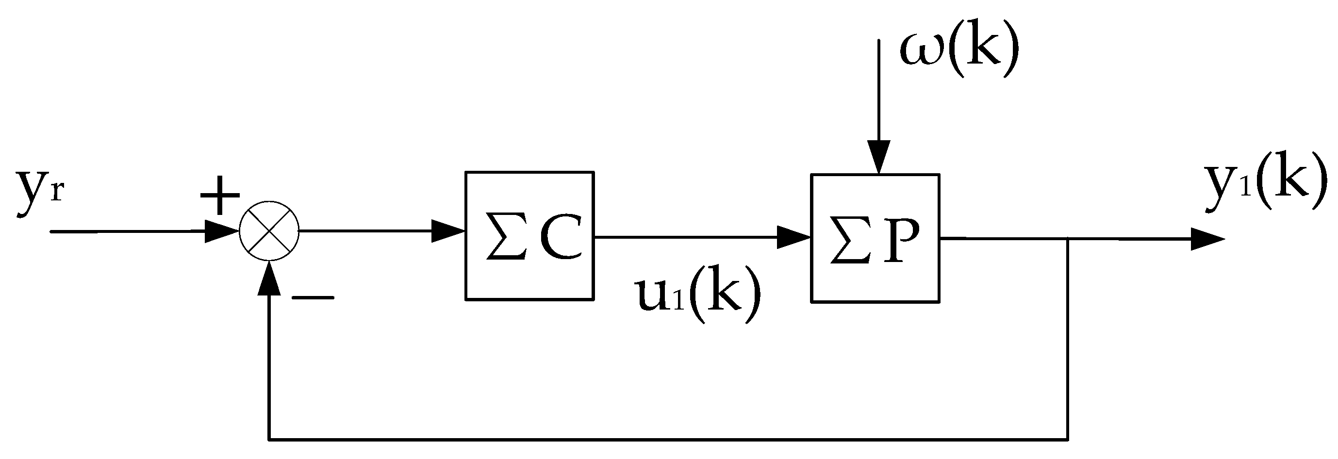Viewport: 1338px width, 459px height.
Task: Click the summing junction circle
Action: (x=269, y=232)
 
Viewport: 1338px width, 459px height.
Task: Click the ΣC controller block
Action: (x=529, y=236)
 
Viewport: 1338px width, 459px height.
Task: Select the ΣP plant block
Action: (x=875, y=238)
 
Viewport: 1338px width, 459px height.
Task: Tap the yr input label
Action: (x=39, y=191)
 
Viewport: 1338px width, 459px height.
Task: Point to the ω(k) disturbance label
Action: (x=959, y=52)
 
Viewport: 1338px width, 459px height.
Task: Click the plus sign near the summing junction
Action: (x=220, y=195)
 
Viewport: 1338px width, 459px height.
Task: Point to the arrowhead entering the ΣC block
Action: (x=448, y=231)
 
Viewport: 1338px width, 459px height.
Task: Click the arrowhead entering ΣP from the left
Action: (x=793, y=238)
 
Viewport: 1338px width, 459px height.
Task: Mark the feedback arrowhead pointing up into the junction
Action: (x=269, y=279)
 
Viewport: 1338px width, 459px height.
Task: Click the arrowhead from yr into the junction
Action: (x=221, y=231)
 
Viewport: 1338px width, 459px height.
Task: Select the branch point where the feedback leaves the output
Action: (x=1067, y=239)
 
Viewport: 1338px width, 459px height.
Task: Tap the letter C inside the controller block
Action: (x=560, y=236)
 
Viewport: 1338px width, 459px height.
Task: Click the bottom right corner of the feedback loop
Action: (x=1067, y=440)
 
